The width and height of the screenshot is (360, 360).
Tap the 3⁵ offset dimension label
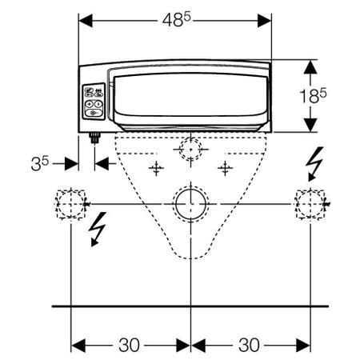tap(42, 163)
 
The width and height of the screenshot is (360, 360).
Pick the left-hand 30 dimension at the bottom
tap(130, 346)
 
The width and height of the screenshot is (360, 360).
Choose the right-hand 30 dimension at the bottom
tap(250, 346)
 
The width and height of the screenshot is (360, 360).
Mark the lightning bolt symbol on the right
tap(315, 166)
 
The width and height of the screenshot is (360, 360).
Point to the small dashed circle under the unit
tap(190, 149)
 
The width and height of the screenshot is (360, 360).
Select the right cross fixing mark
tap(227, 167)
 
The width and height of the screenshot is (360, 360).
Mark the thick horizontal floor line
tap(190, 306)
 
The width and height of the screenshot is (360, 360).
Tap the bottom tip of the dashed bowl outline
tap(190, 257)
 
